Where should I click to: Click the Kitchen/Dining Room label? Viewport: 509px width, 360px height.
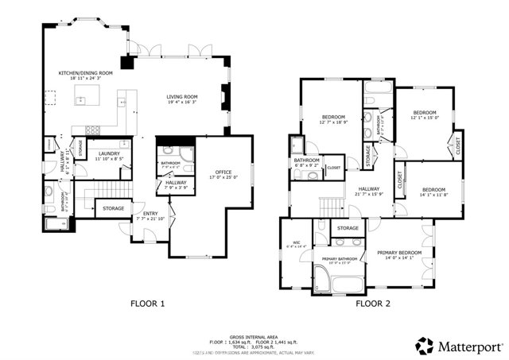coord(85,73)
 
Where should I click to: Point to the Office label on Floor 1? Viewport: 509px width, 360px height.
coord(222,172)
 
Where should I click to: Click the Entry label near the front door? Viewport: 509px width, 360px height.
coord(150,213)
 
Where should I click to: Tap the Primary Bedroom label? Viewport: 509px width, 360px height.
coord(399,252)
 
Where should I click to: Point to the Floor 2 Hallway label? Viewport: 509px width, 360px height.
coord(367,188)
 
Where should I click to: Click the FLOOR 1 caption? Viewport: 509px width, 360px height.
coord(147,304)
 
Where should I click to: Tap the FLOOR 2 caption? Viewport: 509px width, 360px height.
coord(373,304)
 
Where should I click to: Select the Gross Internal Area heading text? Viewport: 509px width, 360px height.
coord(254,336)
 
